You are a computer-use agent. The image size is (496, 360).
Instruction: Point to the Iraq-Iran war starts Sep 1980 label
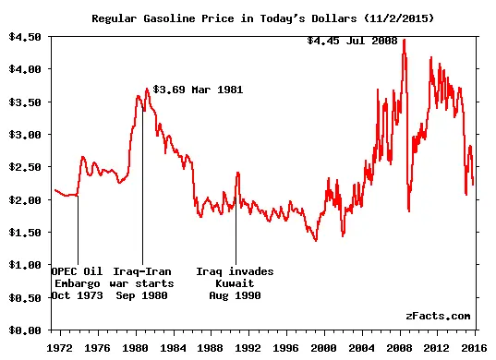[x=141, y=283]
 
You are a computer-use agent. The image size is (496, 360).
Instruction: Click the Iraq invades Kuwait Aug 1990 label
[x=235, y=283]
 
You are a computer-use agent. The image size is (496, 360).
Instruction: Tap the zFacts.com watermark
[x=437, y=316]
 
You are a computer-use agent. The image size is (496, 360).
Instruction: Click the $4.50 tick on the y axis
[x=24, y=37]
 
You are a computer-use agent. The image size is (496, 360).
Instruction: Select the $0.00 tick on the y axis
[x=24, y=330]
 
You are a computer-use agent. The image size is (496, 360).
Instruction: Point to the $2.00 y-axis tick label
[x=24, y=199]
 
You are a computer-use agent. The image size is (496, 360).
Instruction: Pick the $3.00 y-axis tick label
[x=24, y=135]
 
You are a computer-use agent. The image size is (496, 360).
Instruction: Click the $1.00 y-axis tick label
[x=24, y=265]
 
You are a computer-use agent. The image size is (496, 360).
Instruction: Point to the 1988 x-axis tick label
[x=212, y=349]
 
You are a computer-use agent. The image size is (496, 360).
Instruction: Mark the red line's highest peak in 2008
[x=404, y=41]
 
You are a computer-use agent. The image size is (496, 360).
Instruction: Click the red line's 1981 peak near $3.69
[x=147, y=90]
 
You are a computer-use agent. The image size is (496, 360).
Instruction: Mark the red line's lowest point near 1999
[x=316, y=241]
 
